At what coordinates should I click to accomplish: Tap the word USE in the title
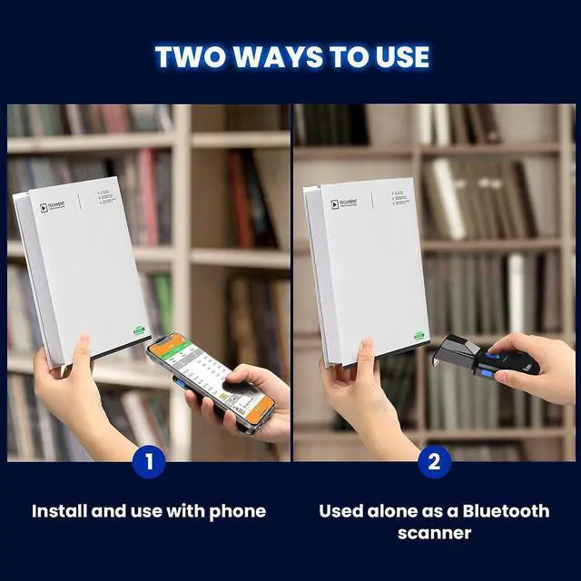[399, 56]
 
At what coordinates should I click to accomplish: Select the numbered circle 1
[149, 462]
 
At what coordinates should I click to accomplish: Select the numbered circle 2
[434, 462]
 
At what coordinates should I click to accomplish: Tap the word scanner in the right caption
[434, 533]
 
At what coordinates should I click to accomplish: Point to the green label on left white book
[139, 330]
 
